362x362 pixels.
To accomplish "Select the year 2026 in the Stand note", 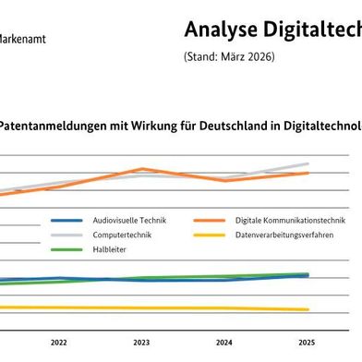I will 259,57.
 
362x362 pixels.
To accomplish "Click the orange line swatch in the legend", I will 212,221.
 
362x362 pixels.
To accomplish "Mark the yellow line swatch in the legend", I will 212,235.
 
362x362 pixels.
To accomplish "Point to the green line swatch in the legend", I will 67,250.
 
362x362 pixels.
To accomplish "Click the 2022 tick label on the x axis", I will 59,342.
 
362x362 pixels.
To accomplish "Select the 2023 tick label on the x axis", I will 141,342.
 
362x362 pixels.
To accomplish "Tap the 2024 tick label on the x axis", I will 224,342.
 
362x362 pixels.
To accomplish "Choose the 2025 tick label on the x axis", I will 308,342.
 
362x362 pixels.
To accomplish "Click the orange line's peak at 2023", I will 141,169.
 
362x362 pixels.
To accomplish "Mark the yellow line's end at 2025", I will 308,309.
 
